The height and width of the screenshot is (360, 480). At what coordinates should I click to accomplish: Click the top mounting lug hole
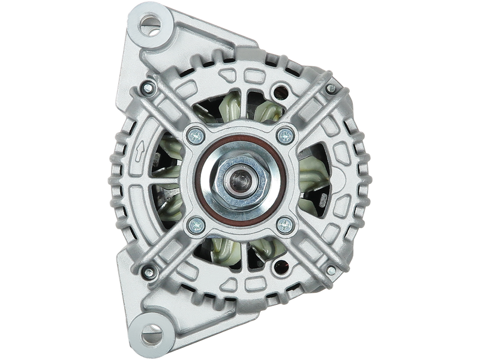coord(148,23)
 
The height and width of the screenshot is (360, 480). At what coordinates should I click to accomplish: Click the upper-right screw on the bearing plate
coord(284,135)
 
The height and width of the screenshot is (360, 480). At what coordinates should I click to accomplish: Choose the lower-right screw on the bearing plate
coord(284,225)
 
